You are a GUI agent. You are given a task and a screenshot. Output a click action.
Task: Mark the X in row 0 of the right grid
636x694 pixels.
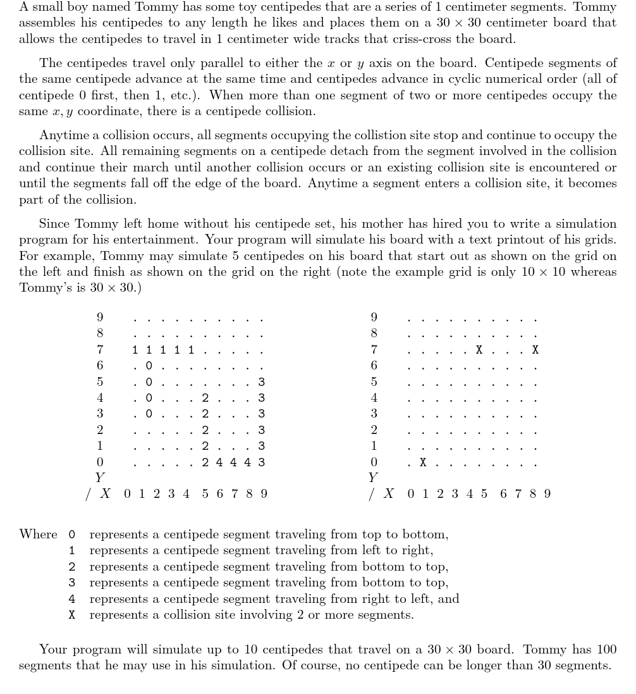pos(423,462)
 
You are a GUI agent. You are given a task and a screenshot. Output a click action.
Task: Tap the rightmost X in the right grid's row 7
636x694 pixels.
pos(535,350)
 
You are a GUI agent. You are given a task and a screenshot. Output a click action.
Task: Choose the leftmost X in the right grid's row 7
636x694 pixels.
pos(479,350)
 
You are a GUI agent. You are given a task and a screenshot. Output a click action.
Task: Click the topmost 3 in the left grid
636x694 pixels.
pos(261,382)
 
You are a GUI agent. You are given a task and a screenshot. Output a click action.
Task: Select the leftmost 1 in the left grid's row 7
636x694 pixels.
pos(135,350)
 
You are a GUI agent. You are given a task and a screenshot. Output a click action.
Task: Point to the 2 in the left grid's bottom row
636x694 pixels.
pos(205,462)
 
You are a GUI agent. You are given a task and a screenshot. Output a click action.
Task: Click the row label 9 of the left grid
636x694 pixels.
pos(100,317)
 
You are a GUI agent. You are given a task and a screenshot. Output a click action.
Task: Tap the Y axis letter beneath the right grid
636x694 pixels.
pos(373,478)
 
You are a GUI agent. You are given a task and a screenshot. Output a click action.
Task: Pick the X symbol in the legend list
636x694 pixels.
pos(72,615)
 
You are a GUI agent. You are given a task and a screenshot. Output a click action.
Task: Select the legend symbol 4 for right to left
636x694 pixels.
pos(72,598)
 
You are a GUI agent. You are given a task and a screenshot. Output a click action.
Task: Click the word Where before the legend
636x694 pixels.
pos(39,535)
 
